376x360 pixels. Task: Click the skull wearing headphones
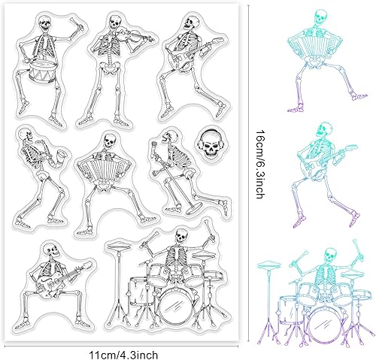click(209, 141)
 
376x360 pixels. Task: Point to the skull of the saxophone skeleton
click(27, 136)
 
